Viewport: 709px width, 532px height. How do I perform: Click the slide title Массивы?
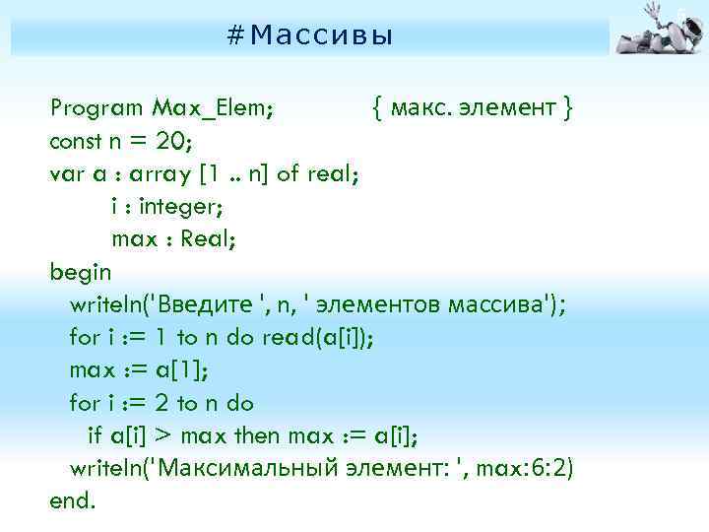(309, 36)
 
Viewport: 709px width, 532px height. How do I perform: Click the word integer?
(185, 207)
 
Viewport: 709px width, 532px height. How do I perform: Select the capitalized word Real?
(211, 239)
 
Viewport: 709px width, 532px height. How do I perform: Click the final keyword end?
(73, 499)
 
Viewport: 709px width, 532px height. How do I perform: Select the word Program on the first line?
(96, 107)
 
